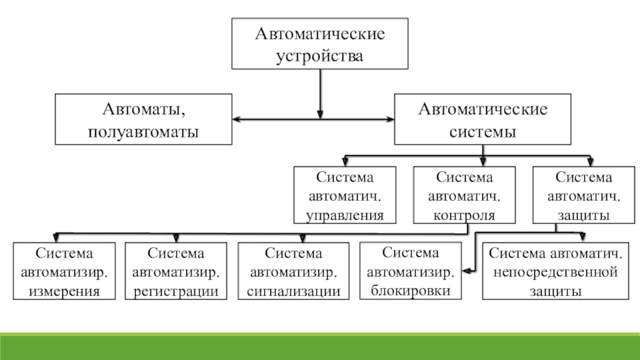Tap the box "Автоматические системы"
click(x=483, y=119)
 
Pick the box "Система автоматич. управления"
click(x=346, y=195)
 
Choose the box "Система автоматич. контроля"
click(x=463, y=195)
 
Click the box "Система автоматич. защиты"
click(x=582, y=195)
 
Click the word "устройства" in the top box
click(x=320, y=57)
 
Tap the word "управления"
click(x=346, y=215)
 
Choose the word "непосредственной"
click(x=554, y=273)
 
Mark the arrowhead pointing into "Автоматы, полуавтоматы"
click(x=238, y=121)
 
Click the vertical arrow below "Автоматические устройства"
click(x=320, y=92)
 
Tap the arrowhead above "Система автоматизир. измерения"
click(x=55, y=238)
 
